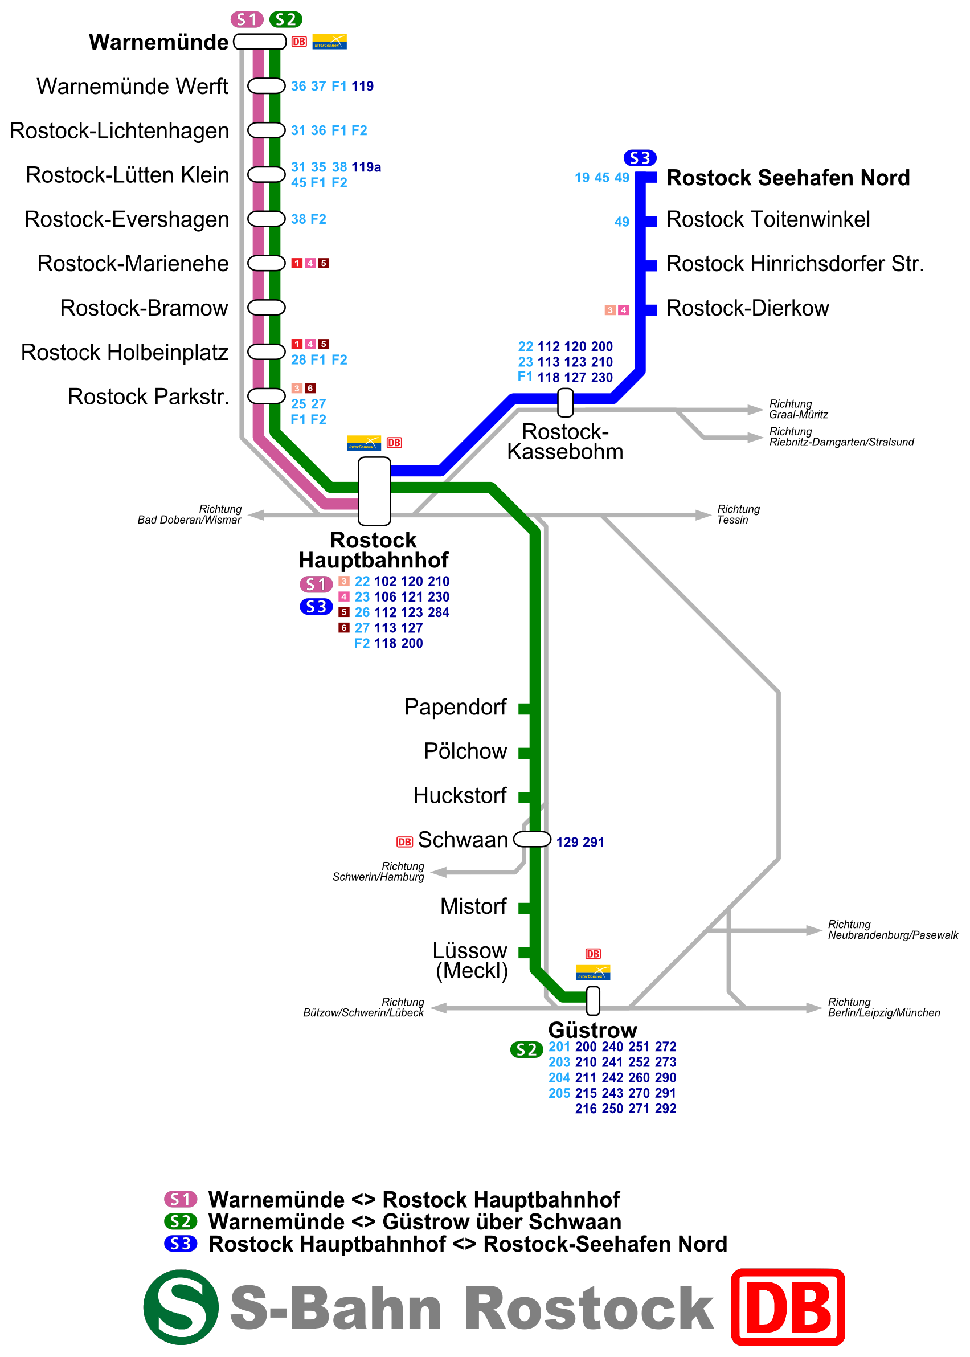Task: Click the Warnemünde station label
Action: click(158, 42)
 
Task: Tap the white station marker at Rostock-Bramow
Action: click(267, 308)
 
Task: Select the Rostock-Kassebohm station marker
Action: click(565, 403)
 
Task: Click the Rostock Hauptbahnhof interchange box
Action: click(375, 491)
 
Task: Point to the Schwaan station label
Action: click(463, 840)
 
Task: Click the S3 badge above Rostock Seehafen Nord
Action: click(640, 158)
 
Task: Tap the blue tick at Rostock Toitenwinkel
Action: click(651, 222)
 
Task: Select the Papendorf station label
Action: click(455, 707)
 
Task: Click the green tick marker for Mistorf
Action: click(525, 908)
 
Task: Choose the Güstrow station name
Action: click(592, 1029)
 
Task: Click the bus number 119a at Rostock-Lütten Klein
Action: click(366, 167)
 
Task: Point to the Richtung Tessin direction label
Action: click(738, 514)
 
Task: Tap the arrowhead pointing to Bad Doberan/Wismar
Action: click(256, 515)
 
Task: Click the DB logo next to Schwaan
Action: click(404, 841)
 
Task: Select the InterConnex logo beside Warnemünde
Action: click(330, 42)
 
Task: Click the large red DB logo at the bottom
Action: click(788, 1307)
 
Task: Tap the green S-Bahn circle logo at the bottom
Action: click(181, 1307)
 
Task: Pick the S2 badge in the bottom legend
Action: click(181, 1221)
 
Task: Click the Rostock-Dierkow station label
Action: click(747, 308)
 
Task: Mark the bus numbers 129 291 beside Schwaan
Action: click(580, 842)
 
